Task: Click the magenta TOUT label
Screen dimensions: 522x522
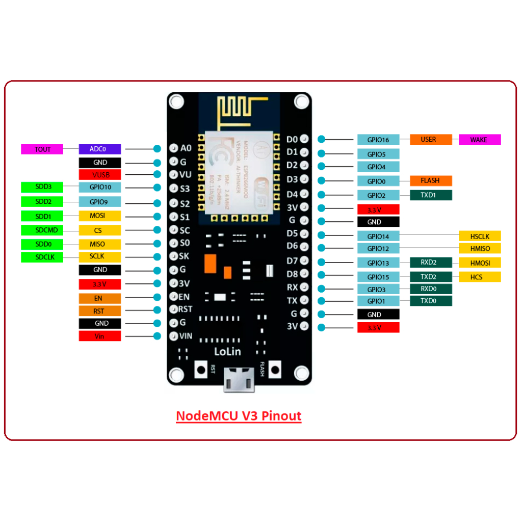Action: click(x=42, y=149)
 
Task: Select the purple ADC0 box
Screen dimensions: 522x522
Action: click(x=100, y=149)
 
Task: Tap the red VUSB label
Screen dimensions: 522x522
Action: click(x=100, y=175)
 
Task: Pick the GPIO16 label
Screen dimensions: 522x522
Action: click(x=378, y=140)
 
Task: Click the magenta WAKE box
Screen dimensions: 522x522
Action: click(x=480, y=140)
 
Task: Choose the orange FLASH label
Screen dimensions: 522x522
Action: click(x=431, y=180)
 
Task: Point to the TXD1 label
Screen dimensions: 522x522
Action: click(x=431, y=195)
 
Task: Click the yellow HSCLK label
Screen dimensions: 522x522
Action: click(x=480, y=236)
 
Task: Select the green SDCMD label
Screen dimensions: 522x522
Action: click(x=42, y=230)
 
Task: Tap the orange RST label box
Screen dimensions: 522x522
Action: click(x=100, y=310)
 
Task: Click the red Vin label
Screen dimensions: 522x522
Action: click(x=100, y=336)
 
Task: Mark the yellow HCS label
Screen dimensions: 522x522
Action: click(x=480, y=277)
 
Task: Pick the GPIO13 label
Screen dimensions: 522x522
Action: click(x=378, y=263)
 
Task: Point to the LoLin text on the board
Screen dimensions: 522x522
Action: click(x=227, y=351)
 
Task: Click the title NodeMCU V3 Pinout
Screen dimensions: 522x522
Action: click(x=239, y=416)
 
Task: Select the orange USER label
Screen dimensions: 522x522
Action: click(x=431, y=140)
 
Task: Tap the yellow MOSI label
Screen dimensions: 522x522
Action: click(x=100, y=216)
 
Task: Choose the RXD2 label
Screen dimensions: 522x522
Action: click(x=431, y=263)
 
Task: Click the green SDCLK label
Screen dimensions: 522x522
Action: click(x=42, y=257)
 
